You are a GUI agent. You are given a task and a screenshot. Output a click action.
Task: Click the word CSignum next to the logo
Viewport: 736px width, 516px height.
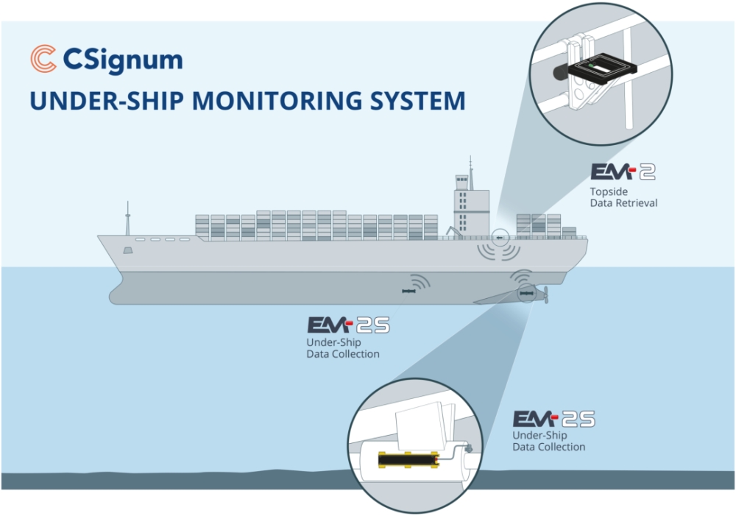pyautogui.click(x=123, y=60)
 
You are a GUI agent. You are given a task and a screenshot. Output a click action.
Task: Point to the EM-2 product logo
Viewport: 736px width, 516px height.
pyautogui.click(x=623, y=172)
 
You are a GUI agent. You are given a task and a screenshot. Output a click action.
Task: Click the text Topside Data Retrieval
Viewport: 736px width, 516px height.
pyautogui.click(x=623, y=197)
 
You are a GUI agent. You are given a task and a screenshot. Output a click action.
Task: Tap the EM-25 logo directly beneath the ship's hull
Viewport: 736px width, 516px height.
pyautogui.click(x=348, y=325)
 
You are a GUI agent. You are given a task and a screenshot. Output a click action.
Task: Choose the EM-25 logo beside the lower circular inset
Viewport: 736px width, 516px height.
pyautogui.click(x=553, y=420)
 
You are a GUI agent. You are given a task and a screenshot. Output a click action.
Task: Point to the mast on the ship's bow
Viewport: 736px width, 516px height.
pyautogui.click(x=127, y=219)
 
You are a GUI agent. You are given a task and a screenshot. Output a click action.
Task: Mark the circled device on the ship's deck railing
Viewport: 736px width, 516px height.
pyautogui.click(x=500, y=238)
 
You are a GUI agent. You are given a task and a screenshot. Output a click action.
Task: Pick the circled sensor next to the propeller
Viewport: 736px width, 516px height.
pyautogui.click(x=526, y=294)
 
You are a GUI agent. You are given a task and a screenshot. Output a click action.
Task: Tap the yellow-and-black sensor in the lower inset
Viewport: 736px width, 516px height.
pyautogui.click(x=408, y=462)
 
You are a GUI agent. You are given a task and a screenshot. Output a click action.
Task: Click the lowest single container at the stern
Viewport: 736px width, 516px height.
pyautogui.click(x=569, y=232)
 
